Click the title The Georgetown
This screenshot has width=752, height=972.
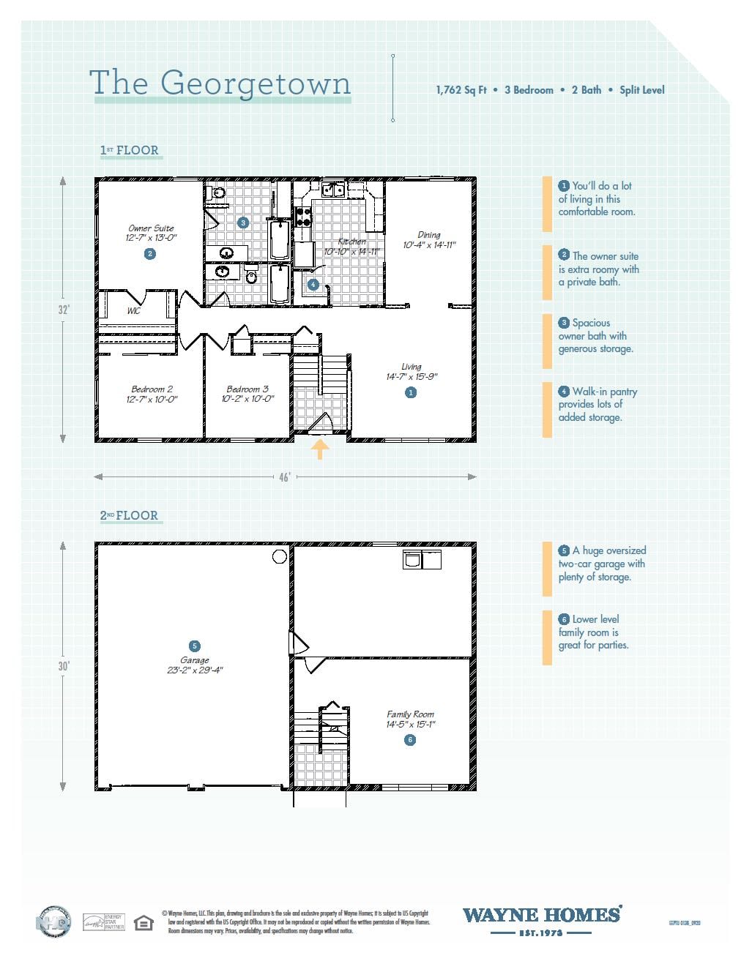coord(220,83)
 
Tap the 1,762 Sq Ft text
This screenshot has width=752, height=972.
coord(461,90)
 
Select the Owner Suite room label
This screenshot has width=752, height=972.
coord(151,228)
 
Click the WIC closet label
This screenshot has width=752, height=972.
coord(134,311)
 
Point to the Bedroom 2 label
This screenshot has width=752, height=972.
coord(152,389)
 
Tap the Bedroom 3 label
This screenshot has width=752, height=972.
coord(247,389)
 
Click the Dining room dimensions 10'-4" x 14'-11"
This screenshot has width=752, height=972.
coord(429,245)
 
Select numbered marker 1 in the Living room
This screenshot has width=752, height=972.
coord(411,393)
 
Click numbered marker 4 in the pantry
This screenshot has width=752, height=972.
coord(313,285)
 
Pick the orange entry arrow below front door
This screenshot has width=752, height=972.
coord(319,448)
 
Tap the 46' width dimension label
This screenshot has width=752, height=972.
coord(285,477)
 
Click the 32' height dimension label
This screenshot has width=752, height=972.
coord(64,310)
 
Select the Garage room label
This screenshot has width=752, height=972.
coord(194,660)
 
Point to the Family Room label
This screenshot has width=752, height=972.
coord(410,714)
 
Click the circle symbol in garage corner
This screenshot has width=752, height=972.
coord(279,557)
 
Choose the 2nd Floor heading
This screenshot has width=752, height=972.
coord(130,516)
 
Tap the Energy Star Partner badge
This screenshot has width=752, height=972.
coord(103,922)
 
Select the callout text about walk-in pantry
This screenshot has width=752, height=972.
coord(597,405)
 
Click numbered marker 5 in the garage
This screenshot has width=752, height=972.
coord(194,646)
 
